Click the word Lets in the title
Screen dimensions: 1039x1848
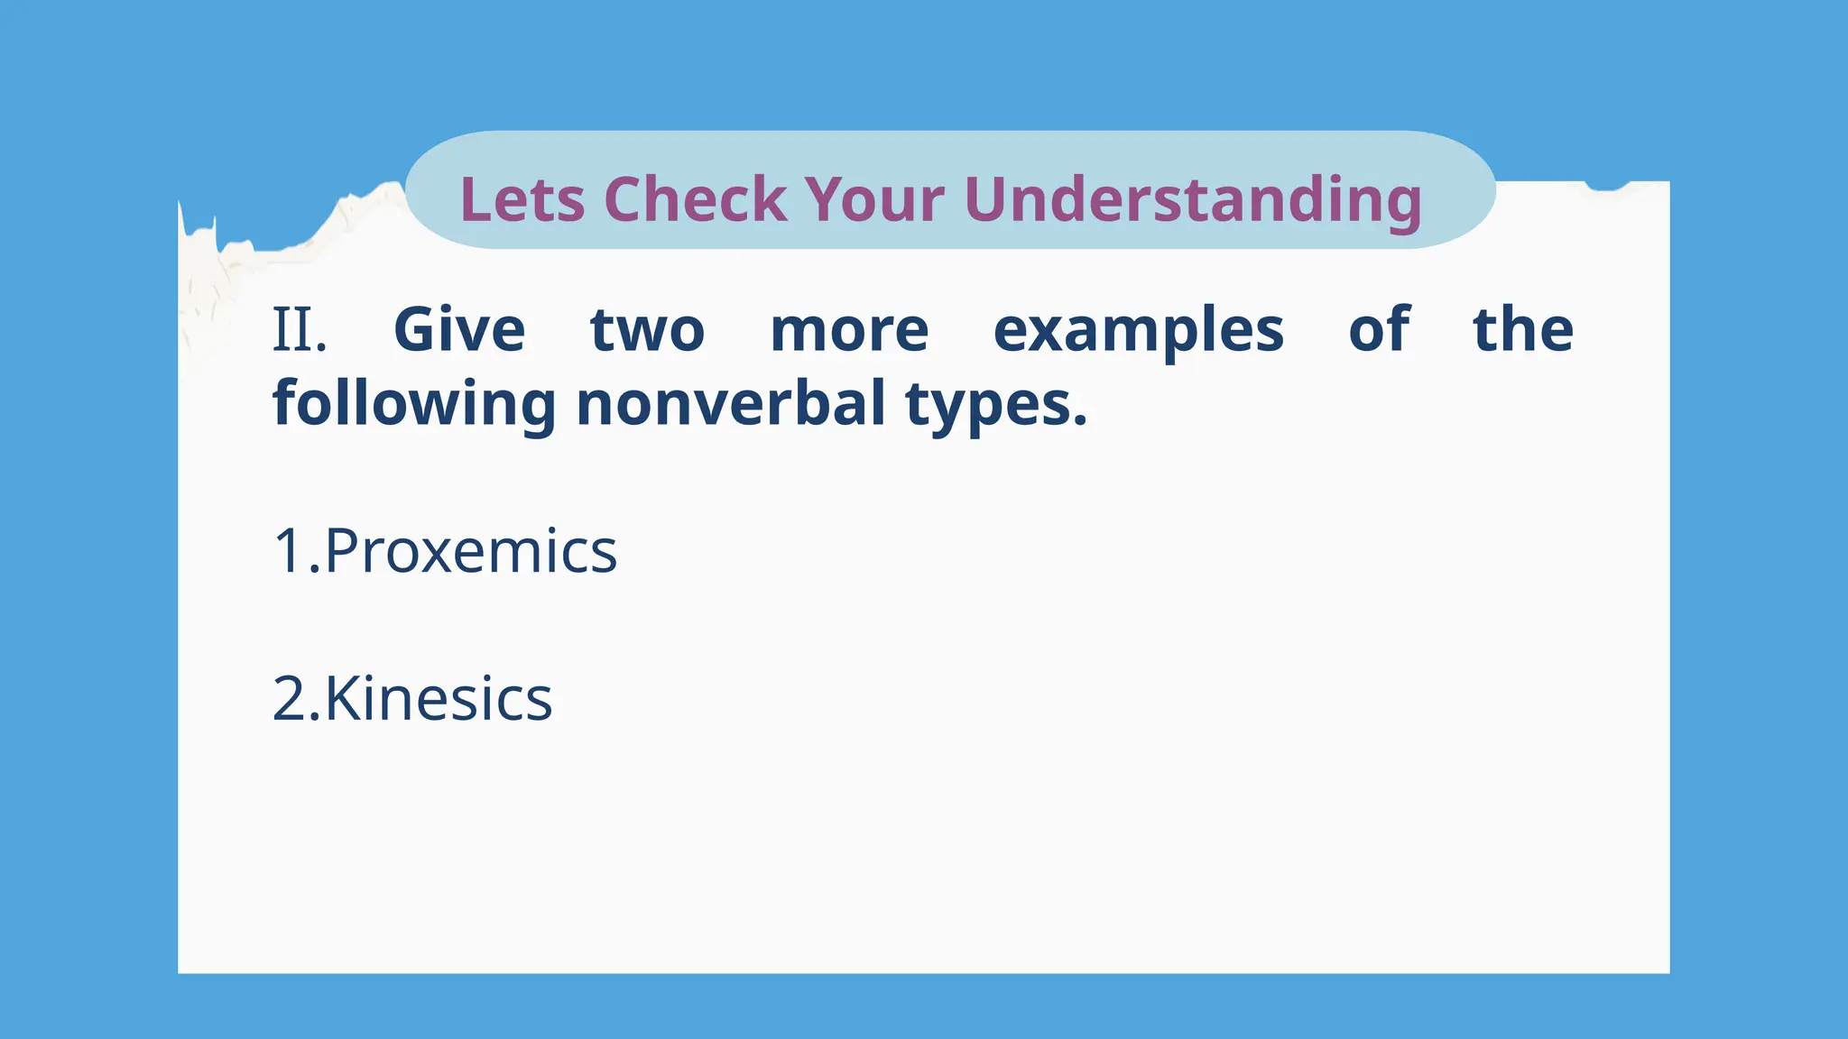tap(522, 199)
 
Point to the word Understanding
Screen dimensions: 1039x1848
tap(1193, 199)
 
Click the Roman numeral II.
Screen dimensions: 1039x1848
tap(299, 330)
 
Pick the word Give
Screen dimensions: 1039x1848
tap(459, 330)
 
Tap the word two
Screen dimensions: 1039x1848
tap(647, 330)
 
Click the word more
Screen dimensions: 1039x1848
tap(849, 330)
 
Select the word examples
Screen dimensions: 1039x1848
tap(1138, 330)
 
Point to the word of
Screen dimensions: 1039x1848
tap(1379, 330)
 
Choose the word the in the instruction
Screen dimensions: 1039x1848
tap(1523, 330)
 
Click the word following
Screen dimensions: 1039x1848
tap(414, 404)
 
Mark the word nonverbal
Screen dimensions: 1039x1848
tap(731, 404)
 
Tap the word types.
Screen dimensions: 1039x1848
tap(996, 404)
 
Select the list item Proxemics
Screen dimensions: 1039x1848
tap(470, 551)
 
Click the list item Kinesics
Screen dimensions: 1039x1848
tap(438, 699)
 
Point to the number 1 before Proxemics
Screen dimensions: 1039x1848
tap(289, 551)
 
